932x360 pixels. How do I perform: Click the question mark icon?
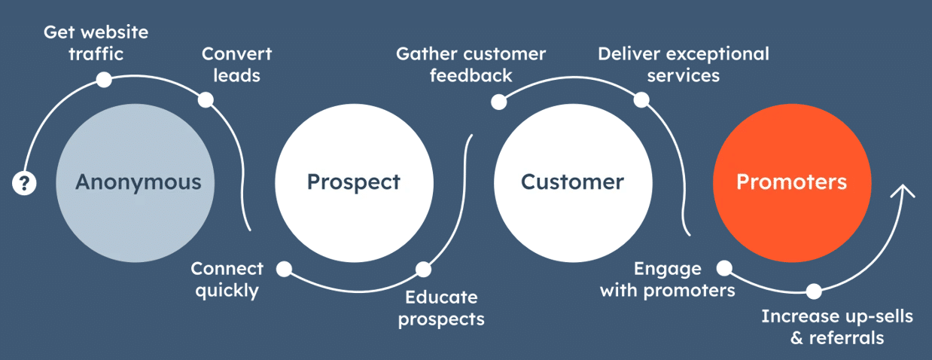[x=24, y=183]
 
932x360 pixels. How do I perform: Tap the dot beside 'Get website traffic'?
[x=104, y=79]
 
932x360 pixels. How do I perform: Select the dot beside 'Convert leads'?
[x=205, y=99]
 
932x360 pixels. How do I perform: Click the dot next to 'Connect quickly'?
[x=284, y=268]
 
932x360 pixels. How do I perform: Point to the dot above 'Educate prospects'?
[x=423, y=269]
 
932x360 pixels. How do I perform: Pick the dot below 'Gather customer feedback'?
[x=498, y=101]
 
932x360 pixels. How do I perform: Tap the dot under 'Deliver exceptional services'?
[x=641, y=99]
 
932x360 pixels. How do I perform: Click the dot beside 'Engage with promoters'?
[x=723, y=267]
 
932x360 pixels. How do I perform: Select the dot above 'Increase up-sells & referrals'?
[x=814, y=291]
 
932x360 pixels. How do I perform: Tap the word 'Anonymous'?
[x=139, y=182]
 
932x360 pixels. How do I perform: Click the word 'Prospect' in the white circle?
[x=354, y=182]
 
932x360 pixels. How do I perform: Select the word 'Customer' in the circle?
[x=572, y=182]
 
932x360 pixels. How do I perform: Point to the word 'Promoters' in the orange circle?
[x=791, y=182]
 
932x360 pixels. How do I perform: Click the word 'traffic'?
[x=96, y=53]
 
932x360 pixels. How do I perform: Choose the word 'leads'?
[x=236, y=75]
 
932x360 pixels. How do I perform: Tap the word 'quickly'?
[x=227, y=291]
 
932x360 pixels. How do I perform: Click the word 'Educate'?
[x=441, y=297]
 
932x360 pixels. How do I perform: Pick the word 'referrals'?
[x=846, y=338]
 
